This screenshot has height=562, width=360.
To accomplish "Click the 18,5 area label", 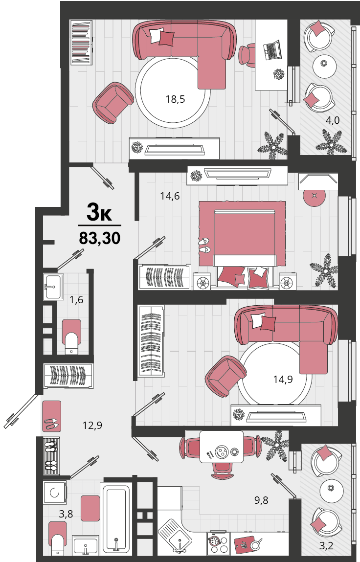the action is pos(175,99).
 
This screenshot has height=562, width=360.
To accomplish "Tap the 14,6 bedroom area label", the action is pos(170,196).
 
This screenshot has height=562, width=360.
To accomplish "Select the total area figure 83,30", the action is pos(100,238).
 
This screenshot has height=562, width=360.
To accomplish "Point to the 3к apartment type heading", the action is pos(99,213).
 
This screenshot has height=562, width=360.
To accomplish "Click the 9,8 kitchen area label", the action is pos(261,500).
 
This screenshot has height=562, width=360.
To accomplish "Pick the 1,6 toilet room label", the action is pos(76,299).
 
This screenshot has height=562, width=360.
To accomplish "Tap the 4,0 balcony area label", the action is pos(333,120).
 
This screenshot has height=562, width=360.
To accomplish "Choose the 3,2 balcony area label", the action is pos(326,546).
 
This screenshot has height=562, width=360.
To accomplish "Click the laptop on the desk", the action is pos(272,50).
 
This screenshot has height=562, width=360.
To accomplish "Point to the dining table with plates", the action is pos(222,447).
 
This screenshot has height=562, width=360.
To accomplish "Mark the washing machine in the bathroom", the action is pos(55,493).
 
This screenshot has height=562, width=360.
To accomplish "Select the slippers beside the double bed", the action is pos(205,245).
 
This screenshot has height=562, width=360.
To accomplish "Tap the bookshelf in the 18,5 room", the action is pos(82,42).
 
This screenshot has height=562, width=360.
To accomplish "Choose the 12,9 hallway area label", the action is pos(92,426).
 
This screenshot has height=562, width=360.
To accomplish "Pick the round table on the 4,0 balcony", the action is pos(324,66).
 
